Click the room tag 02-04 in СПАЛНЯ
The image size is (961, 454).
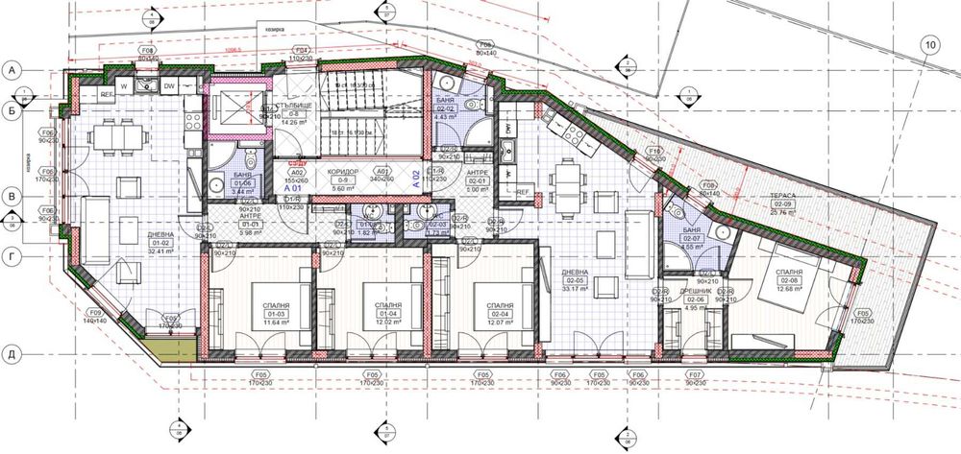pyautogui.click(x=499, y=313)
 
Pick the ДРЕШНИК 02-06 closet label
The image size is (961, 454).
pyautogui.click(x=695, y=299)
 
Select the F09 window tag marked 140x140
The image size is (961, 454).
pyautogui.click(x=94, y=317)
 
